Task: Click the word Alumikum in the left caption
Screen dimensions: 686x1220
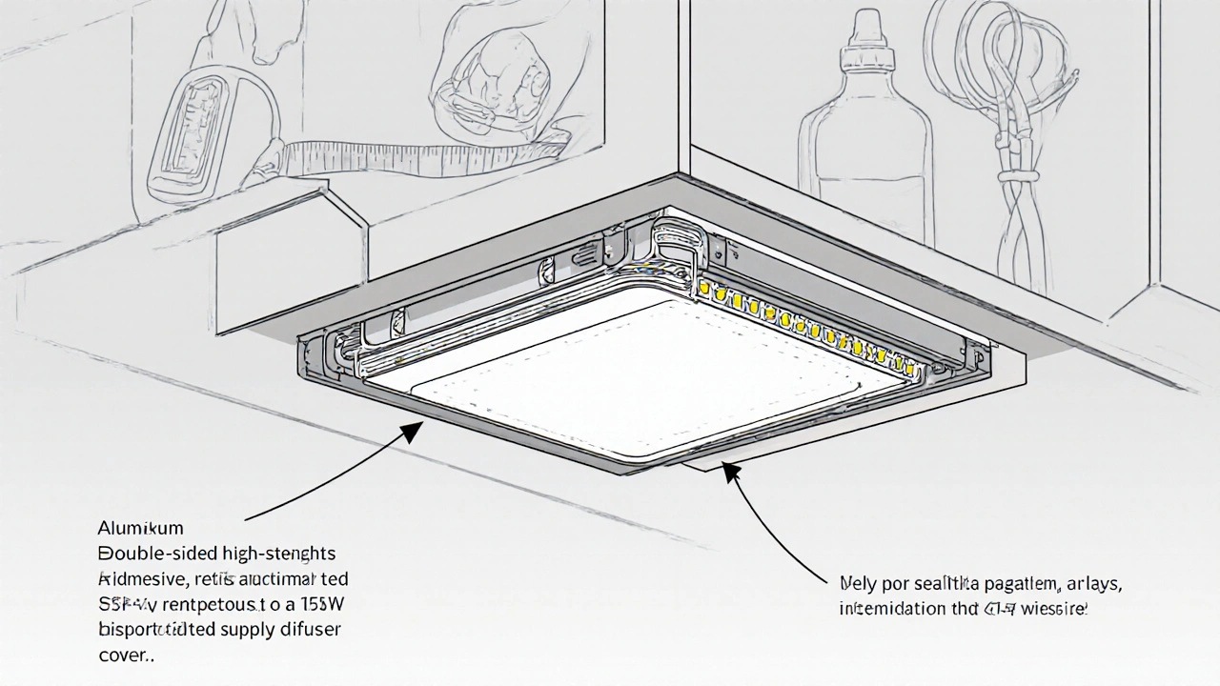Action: click(140, 527)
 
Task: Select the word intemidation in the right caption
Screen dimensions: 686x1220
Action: click(886, 608)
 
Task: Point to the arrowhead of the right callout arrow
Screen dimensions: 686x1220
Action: click(730, 470)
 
